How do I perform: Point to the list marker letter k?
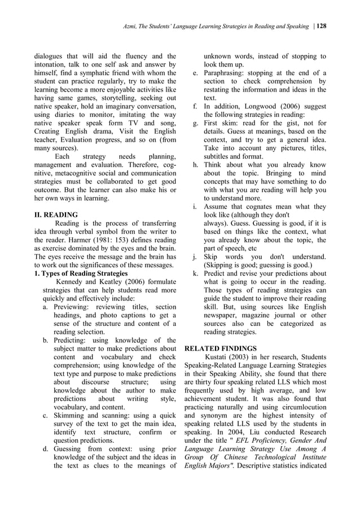[x=195, y=273]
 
